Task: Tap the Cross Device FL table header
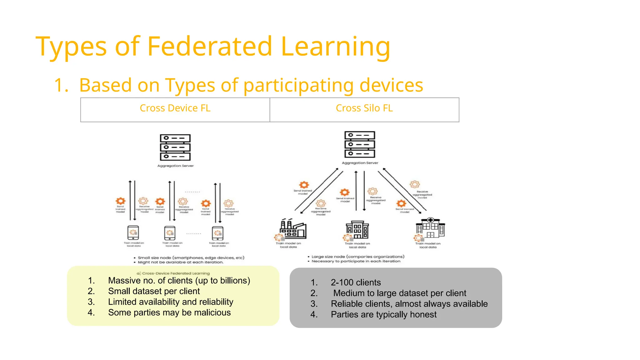click(175, 108)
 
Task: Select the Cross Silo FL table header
click(364, 108)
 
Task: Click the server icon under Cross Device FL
click(175, 147)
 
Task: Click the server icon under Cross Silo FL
click(360, 144)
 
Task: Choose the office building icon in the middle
click(357, 230)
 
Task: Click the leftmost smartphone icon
click(133, 233)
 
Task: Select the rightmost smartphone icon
click(218, 233)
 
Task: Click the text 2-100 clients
click(356, 282)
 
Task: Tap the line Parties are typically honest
click(383, 314)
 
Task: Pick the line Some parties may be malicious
click(169, 312)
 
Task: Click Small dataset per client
click(154, 291)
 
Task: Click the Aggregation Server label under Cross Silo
click(360, 163)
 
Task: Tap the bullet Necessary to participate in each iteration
click(356, 261)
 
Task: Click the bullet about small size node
click(191, 258)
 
